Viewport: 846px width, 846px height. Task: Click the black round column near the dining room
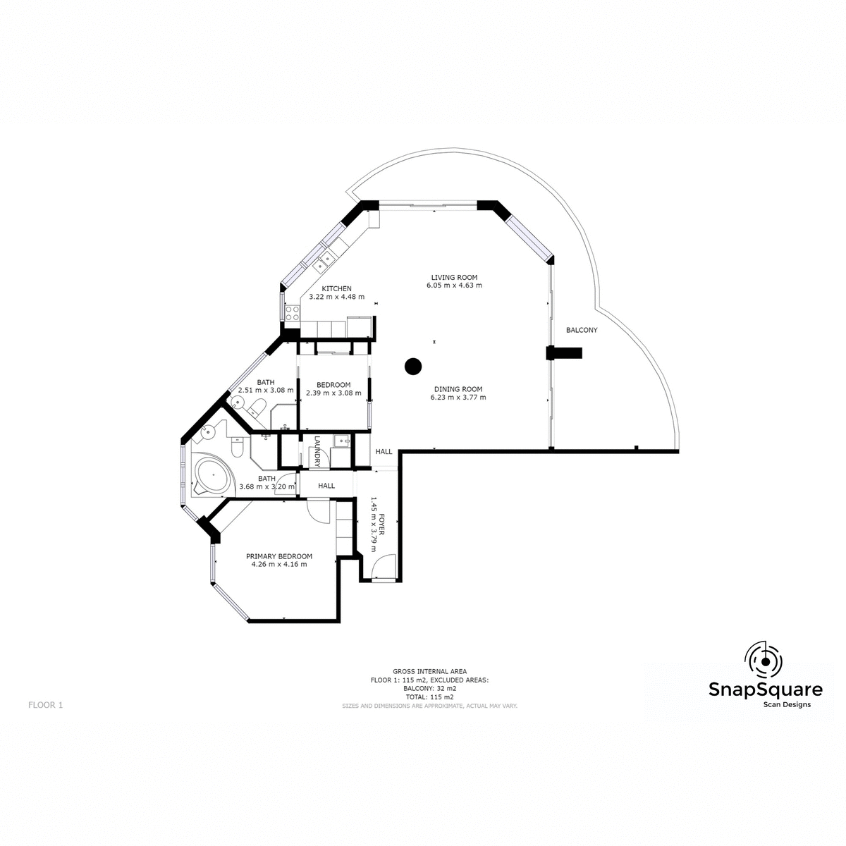click(412, 366)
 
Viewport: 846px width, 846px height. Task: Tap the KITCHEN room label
click(336, 289)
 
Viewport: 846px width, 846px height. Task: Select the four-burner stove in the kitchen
click(291, 312)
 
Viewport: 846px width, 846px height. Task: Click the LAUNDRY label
click(317, 451)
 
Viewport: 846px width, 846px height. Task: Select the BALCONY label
click(582, 330)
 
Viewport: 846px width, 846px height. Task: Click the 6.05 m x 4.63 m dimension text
click(454, 286)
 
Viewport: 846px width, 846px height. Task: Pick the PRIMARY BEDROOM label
click(279, 556)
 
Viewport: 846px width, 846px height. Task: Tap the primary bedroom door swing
click(318, 510)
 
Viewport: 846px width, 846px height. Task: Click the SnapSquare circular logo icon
click(764, 660)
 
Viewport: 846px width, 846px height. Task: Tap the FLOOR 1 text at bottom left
click(46, 704)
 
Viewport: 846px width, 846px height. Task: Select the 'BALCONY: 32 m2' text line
click(429, 688)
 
